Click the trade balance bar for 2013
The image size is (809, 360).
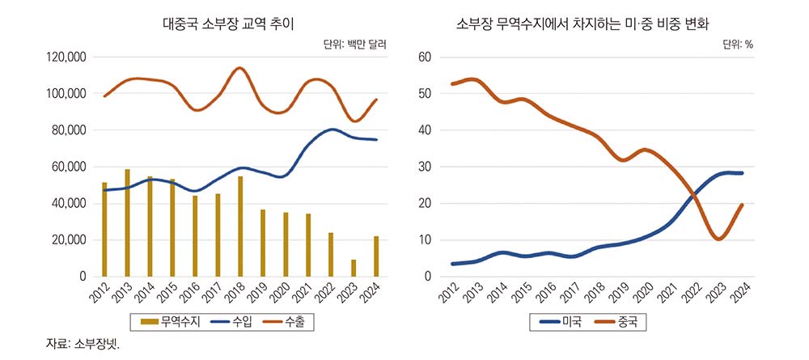pyautogui.click(x=127, y=223)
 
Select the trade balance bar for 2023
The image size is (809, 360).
pyautogui.click(x=353, y=268)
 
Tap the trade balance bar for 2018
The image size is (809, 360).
pyautogui.click(x=239, y=227)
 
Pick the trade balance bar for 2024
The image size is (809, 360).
pyautogui.click(x=375, y=256)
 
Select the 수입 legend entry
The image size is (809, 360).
pyautogui.click(x=234, y=322)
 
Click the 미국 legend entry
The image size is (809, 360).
pyautogui.click(x=560, y=322)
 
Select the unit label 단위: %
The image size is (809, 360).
pyautogui.click(x=737, y=44)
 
